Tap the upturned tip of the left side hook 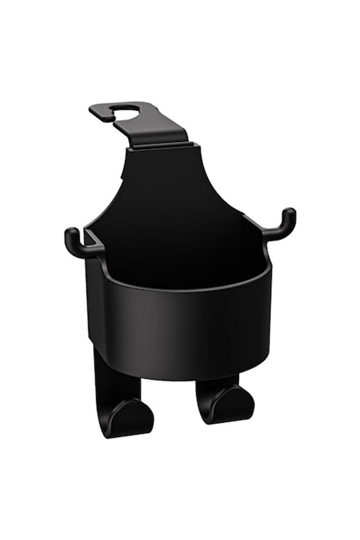tap(70, 234)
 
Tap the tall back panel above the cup tap(168, 186)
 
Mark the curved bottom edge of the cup tap(180, 377)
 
